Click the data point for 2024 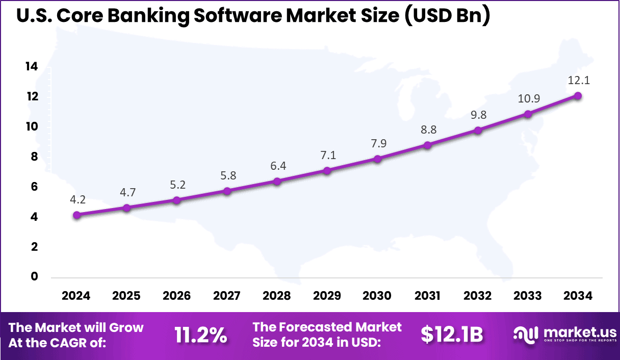(76, 215)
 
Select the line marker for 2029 (327, 170)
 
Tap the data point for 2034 (578, 95)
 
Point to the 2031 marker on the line (428, 145)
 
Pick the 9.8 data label (478, 115)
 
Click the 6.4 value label (277, 166)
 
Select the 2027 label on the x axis (227, 296)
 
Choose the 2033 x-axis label (528, 296)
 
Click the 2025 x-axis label (126, 296)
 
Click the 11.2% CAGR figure (200, 335)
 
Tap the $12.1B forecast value (452, 335)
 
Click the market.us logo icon (525, 335)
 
